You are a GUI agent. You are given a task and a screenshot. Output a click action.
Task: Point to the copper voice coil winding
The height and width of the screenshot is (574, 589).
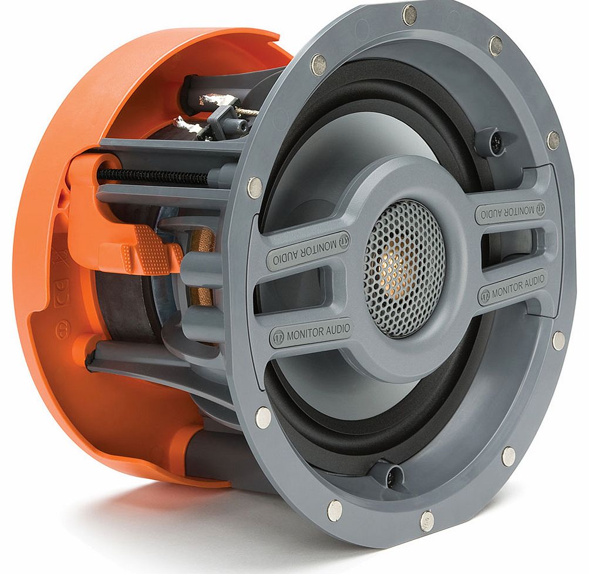203,267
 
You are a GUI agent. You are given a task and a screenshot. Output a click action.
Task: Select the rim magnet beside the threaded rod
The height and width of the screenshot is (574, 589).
255,187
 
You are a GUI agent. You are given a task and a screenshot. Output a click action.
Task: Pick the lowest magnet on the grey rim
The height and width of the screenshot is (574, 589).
427,520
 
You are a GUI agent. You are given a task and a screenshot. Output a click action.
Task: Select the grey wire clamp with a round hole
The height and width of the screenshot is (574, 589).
229,118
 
